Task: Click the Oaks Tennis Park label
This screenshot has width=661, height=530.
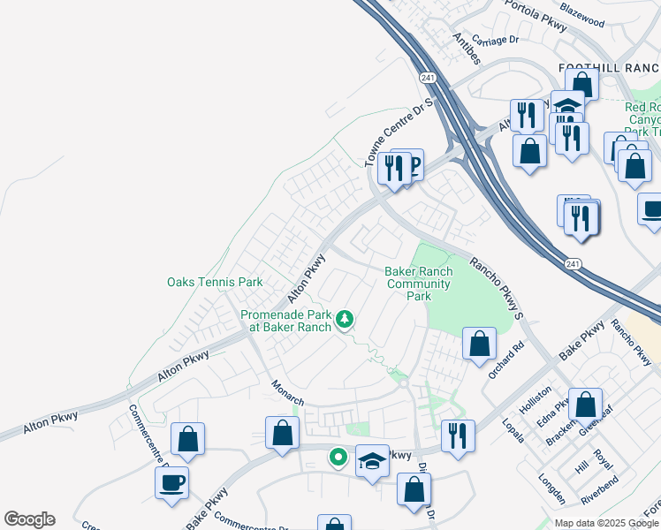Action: point(215,283)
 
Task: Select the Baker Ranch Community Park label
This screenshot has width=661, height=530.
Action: point(419,284)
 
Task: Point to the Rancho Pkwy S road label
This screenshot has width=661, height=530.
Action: point(497,288)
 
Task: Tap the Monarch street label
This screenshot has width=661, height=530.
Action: point(286,395)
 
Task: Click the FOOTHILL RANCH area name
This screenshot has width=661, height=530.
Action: point(609,68)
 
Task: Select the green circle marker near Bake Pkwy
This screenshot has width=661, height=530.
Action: point(338,457)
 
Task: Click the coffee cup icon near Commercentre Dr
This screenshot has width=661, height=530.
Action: point(171,482)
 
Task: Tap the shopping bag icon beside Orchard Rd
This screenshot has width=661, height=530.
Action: point(479,343)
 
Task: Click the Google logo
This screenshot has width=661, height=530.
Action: point(28,519)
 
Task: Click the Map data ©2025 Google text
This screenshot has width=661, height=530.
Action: point(607,523)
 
